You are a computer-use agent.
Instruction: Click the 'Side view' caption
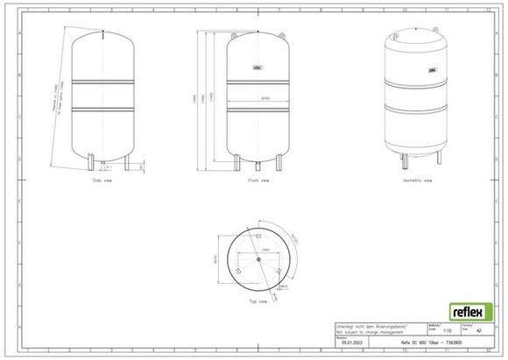[x=103, y=180]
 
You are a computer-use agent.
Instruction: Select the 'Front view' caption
[x=258, y=180]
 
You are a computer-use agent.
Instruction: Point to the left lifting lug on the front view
[x=236, y=33]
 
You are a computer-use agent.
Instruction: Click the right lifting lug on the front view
[x=281, y=33]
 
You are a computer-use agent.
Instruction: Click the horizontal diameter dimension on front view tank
[x=258, y=100]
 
